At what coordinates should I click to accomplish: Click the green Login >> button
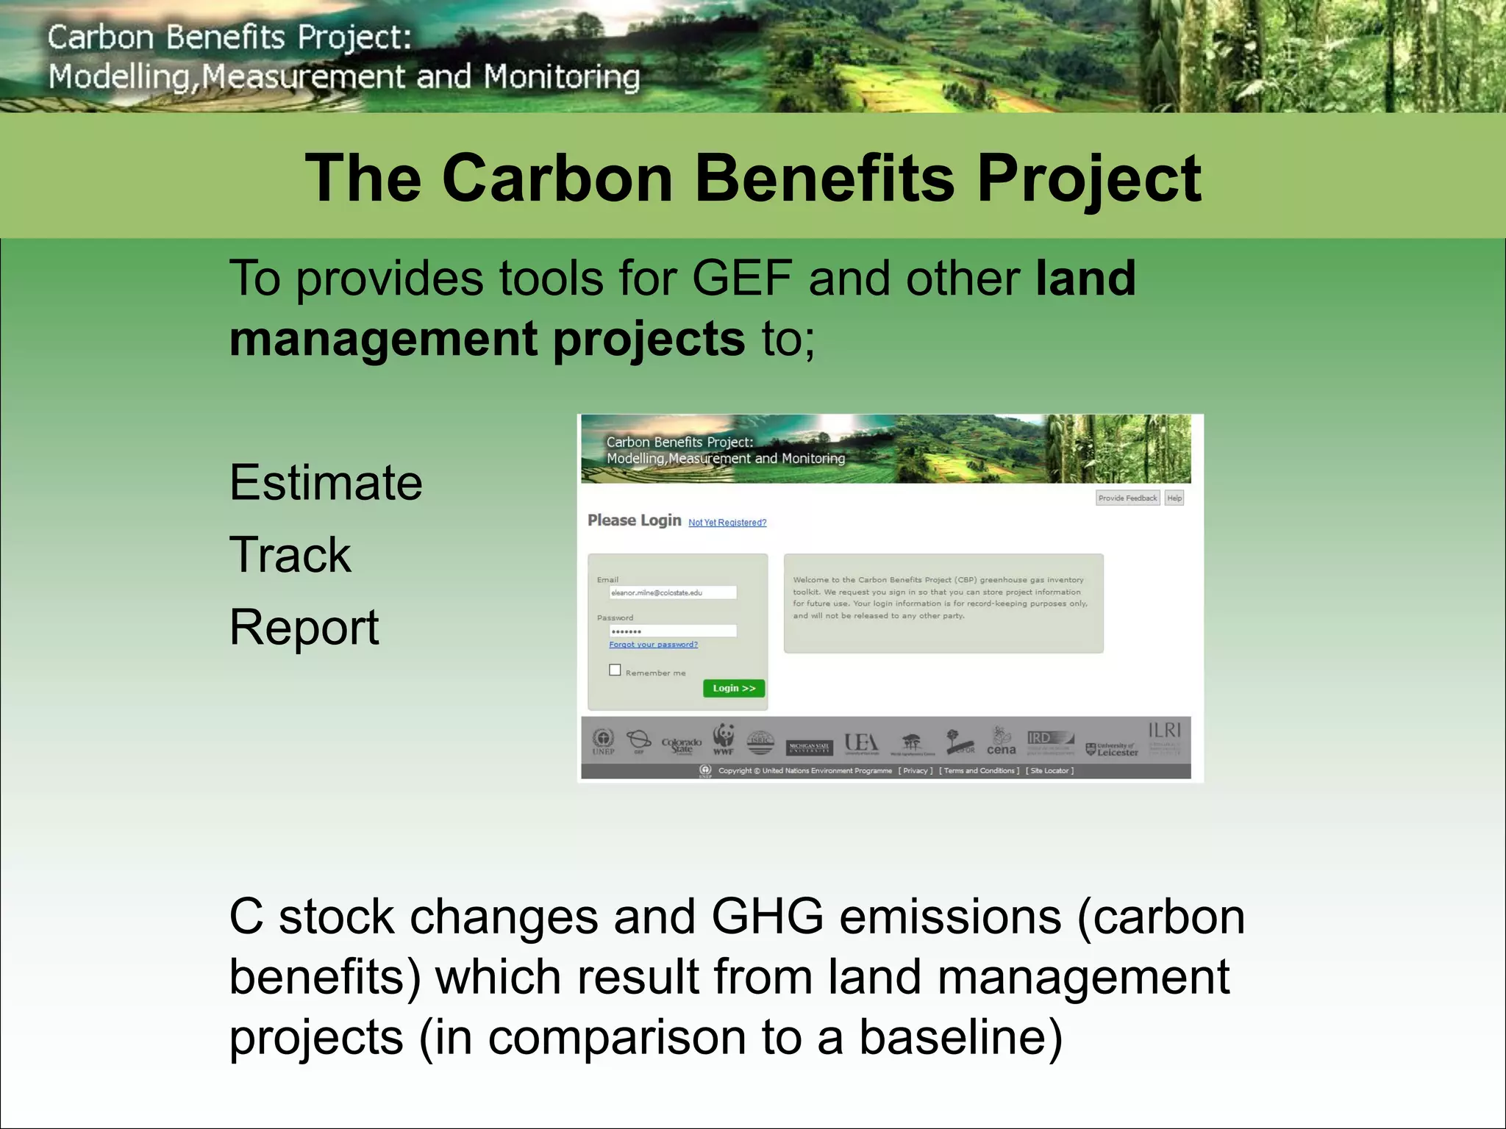coord(733,688)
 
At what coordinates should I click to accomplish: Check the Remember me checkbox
coord(615,670)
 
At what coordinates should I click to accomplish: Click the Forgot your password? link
coord(653,645)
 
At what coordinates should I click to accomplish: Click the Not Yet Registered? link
coord(727,523)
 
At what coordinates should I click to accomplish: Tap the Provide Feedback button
coord(1127,498)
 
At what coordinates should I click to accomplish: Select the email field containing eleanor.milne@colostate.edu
coord(672,592)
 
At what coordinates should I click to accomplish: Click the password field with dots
coord(672,631)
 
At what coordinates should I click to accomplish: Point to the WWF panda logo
coord(724,739)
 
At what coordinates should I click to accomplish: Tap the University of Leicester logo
coord(1112,749)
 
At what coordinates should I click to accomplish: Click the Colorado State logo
coord(681,745)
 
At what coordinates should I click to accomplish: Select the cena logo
coord(1001,742)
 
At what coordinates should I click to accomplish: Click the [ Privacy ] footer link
coord(915,770)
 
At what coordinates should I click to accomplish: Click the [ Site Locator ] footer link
coord(1049,770)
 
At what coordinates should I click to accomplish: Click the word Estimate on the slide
coord(326,483)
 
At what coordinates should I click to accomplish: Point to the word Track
coord(290,555)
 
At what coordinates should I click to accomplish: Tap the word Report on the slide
coord(304,628)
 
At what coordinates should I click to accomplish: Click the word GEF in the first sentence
coord(741,279)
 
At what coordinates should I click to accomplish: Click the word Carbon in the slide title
coord(557,179)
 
